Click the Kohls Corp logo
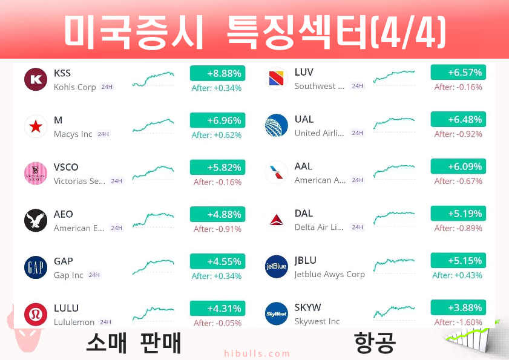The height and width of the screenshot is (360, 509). [36, 79]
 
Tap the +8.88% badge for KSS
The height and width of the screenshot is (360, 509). [217, 73]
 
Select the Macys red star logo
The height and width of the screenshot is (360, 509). [36, 126]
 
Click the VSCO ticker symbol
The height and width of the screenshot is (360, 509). [66, 167]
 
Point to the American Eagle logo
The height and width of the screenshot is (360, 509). [36, 220]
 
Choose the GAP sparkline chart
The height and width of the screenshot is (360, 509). [153, 266]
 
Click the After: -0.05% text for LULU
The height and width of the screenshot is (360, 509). [217, 323]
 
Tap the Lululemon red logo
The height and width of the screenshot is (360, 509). [36, 315]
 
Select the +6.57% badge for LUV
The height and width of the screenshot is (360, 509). [458, 72]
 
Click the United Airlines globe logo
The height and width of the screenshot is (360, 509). [276, 125]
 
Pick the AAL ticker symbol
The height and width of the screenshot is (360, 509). [303, 166]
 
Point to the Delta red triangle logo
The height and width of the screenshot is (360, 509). [276, 220]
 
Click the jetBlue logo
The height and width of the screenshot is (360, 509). [276, 266]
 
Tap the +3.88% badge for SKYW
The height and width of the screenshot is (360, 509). [458, 307]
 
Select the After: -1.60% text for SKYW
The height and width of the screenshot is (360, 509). [458, 322]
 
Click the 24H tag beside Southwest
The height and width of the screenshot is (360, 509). [358, 86]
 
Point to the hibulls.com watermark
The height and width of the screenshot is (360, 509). [257, 353]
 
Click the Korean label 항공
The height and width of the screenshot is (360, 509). [375, 342]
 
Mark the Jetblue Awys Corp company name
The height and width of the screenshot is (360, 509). [329, 274]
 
